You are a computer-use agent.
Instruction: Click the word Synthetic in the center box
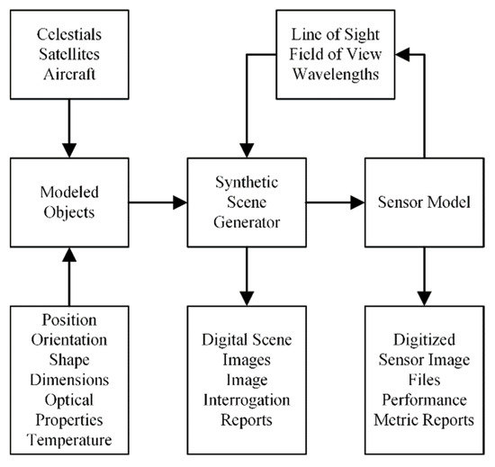point(245,186)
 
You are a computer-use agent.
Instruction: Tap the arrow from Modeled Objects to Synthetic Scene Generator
point(157,204)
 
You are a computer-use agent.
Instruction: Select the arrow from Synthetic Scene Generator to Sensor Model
point(333,204)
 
